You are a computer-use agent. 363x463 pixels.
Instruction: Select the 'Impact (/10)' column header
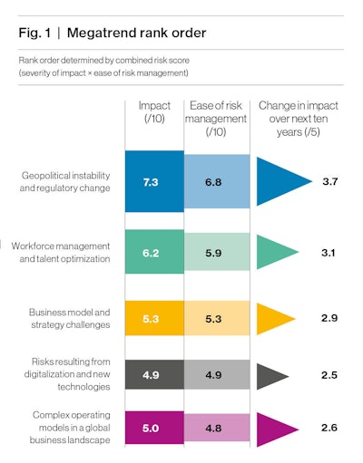pyautogui.click(x=154, y=112)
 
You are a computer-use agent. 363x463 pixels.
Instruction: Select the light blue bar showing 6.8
pyautogui.click(x=214, y=182)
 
